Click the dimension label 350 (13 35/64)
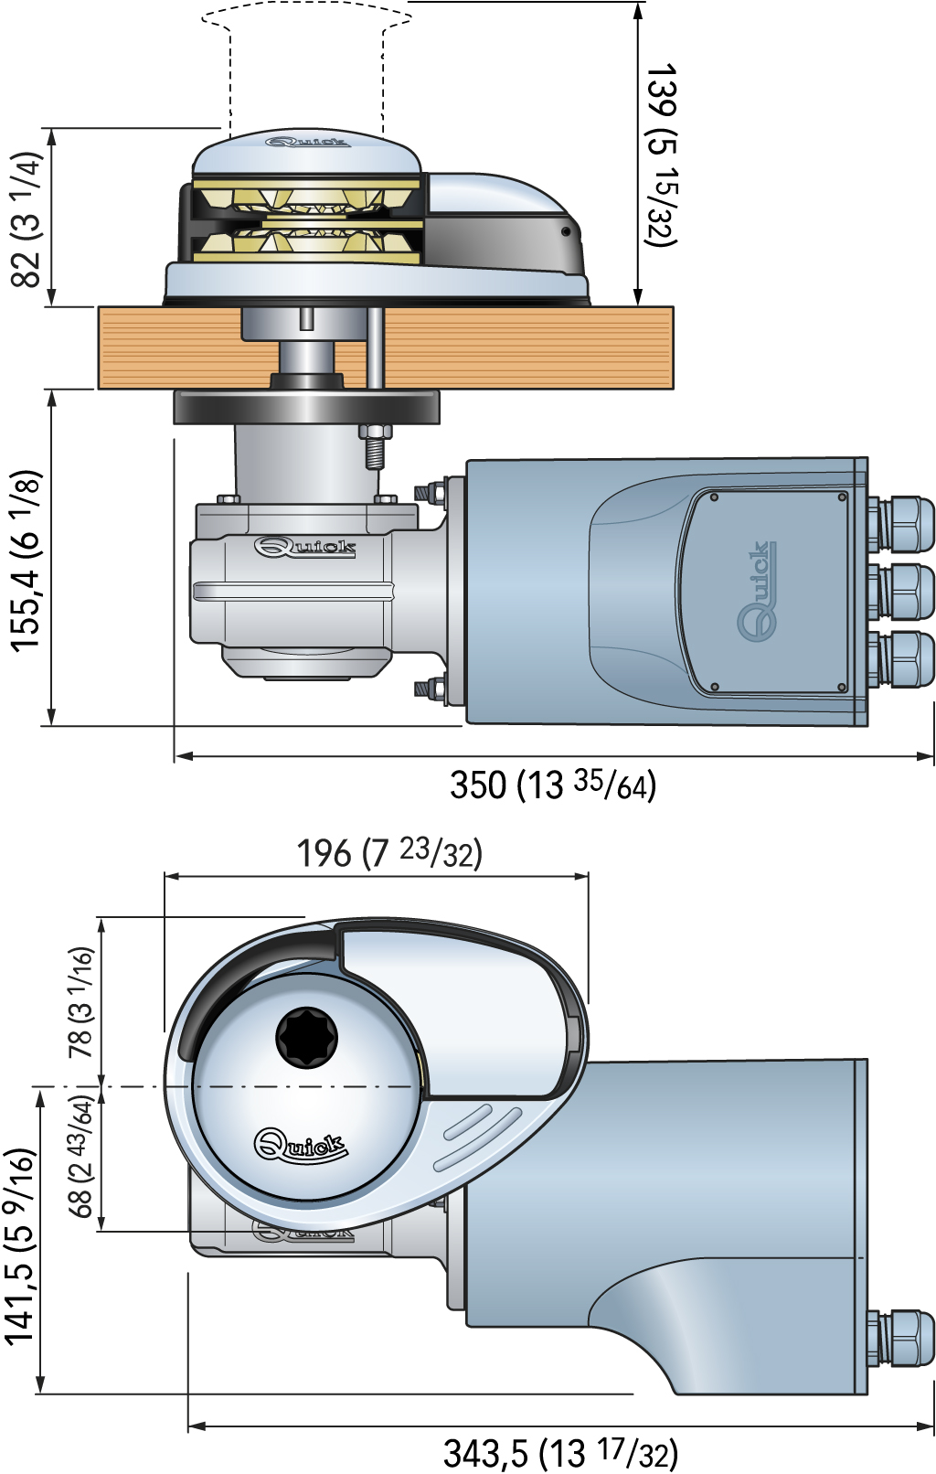click(x=552, y=785)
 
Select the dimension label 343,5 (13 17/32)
click(x=559, y=1453)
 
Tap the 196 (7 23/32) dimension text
click(x=389, y=853)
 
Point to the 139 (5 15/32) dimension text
click(x=660, y=155)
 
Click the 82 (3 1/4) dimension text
click(x=27, y=219)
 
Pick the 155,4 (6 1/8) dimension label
click(x=27, y=561)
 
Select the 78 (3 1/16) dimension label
click(x=81, y=1002)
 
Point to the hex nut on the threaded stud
click(x=375, y=432)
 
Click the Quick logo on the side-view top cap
click(x=308, y=142)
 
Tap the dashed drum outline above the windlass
click(x=306, y=66)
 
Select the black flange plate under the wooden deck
click(x=306, y=407)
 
